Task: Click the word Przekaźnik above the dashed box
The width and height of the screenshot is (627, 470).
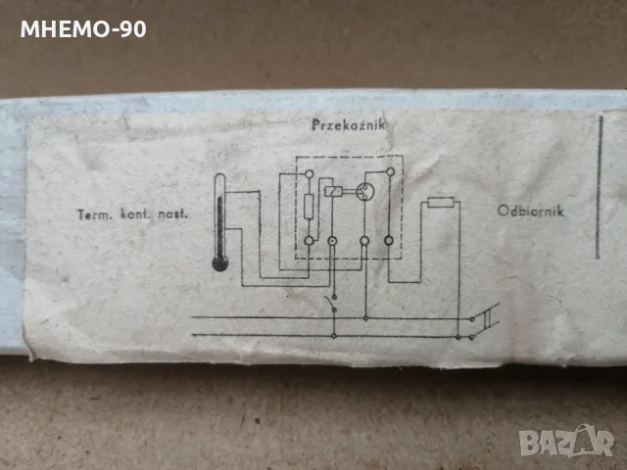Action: [x=349, y=125]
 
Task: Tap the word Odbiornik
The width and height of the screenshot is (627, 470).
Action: [x=531, y=211]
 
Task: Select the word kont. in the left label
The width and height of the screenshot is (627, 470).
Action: [x=136, y=214]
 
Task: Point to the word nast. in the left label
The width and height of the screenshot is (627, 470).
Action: [x=172, y=213]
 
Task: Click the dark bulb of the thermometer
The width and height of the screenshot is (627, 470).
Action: [x=219, y=263]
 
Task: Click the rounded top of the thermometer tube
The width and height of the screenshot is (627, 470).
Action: [x=219, y=176]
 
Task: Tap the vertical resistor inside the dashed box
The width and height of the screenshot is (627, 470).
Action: [x=309, y=207]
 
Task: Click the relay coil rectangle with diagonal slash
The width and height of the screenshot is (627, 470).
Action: [x=333, y=192]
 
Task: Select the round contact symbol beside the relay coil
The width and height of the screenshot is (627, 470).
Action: [x=364, y=191]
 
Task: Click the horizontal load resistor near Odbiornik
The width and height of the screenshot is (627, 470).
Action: [x=441, y=203]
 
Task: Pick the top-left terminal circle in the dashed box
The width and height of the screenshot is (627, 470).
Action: [x=310, y=174]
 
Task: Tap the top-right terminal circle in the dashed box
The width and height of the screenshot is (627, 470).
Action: [x=390, y=172]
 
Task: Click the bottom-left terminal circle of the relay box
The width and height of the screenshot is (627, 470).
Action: [x=310, y=241]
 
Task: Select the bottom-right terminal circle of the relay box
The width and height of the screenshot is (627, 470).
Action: [x=389, y=241]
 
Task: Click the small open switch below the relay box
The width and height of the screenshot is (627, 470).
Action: [x=332, y=303]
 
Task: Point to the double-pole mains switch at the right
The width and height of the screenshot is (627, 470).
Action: [x=486, y=320]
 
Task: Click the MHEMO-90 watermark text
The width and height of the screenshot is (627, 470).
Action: [x=83, y=29]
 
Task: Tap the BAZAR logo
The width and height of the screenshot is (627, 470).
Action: [x=566, y=442]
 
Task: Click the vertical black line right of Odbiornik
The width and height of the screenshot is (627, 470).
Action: [x=599, y=187]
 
